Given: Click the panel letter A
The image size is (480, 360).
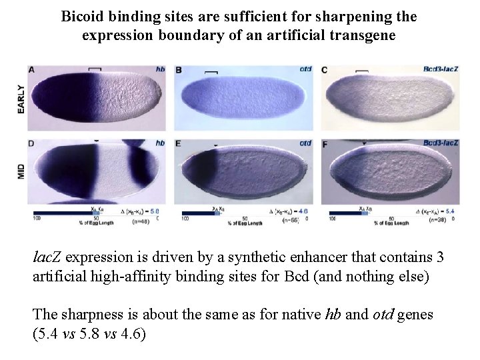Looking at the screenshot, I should pyautogui.click(x=32, y=69).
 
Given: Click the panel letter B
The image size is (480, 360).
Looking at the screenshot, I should pyautogui.click(x=179, y=69).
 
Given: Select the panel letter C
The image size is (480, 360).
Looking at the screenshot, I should pyautogui.click(x=325, y=69).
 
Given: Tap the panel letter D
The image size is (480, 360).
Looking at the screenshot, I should pyautogui.click(x=32, y=143).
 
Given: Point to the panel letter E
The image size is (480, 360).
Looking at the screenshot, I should pyautogui.click(x=179, y=143).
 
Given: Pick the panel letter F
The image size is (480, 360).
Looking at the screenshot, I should pyautogui.click(x=325, y=143).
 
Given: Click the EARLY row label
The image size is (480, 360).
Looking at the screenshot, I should pyautogui.click(x=21, y=98).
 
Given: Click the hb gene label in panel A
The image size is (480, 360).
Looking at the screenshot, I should pyautogui.click(x=160, y=69).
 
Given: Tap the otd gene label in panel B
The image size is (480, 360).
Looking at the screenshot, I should pyautogui.click(x=305, y=69).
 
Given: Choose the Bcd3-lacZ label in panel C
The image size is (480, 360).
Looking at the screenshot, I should pyautogui.click(x=441, y=69).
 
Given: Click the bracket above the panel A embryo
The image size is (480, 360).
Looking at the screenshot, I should pyautogui.click(x=95, y=68).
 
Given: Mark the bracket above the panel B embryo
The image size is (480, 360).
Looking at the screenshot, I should pyautogui.click(x=211, y=71).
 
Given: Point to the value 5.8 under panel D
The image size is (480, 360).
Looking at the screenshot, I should pyautogui.click(x=155, y=211).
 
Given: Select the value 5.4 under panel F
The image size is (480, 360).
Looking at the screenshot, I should pyautogui.click(x=451, y=211).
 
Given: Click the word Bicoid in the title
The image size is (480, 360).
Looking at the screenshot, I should pyautogui.click(x=82, y=16).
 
